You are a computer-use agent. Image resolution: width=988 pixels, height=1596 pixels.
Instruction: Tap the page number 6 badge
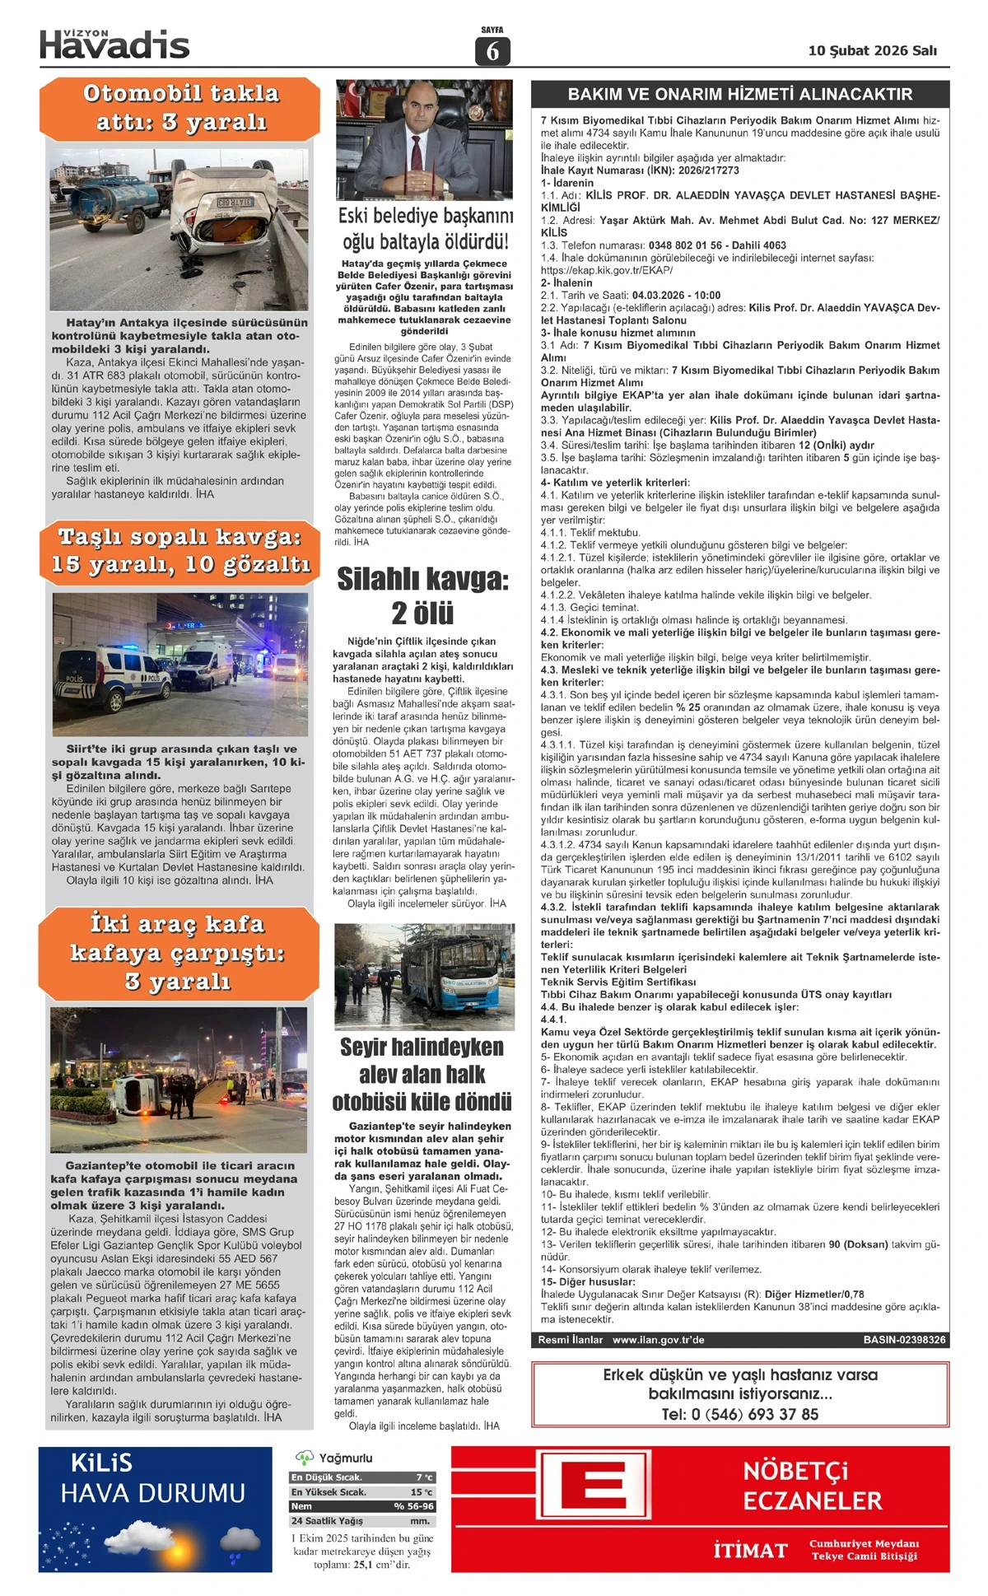click(x=492, y=51)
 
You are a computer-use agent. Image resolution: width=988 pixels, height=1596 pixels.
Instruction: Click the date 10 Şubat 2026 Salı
click(x=872, y=50)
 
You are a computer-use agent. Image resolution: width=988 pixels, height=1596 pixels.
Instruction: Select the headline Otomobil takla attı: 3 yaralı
click(x=181, y=107)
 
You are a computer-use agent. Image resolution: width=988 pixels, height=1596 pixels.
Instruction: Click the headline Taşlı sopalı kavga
click(x=180, y=551)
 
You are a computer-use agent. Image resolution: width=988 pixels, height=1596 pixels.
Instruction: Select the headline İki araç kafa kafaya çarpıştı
click(x=178, y=953)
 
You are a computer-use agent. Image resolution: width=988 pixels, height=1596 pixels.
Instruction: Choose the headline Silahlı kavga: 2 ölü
click(x=422, y=595)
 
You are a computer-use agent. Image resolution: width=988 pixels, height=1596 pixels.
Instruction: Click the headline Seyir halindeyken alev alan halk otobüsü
click(x=422, y=1075)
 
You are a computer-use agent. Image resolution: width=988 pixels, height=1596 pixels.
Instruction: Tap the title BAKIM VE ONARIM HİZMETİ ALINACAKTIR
click(x=739, y=94)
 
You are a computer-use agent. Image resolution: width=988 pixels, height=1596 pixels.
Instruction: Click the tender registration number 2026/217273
click(x=708, y=170)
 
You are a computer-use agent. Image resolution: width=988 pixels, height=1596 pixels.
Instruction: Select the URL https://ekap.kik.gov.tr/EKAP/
click(x=607, y=270)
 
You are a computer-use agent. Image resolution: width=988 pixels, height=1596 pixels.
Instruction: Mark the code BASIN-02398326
click(x=904, y=1340)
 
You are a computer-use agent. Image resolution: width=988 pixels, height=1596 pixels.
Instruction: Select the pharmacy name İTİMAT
click(x=750, y=1551)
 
